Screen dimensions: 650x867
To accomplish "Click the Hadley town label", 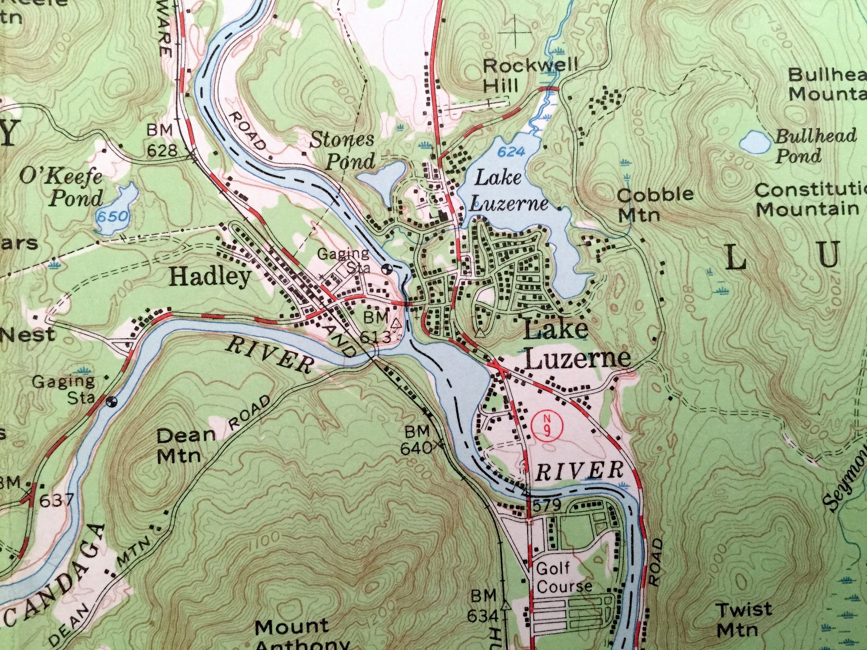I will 210,277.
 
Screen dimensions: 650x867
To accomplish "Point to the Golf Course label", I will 564,577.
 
